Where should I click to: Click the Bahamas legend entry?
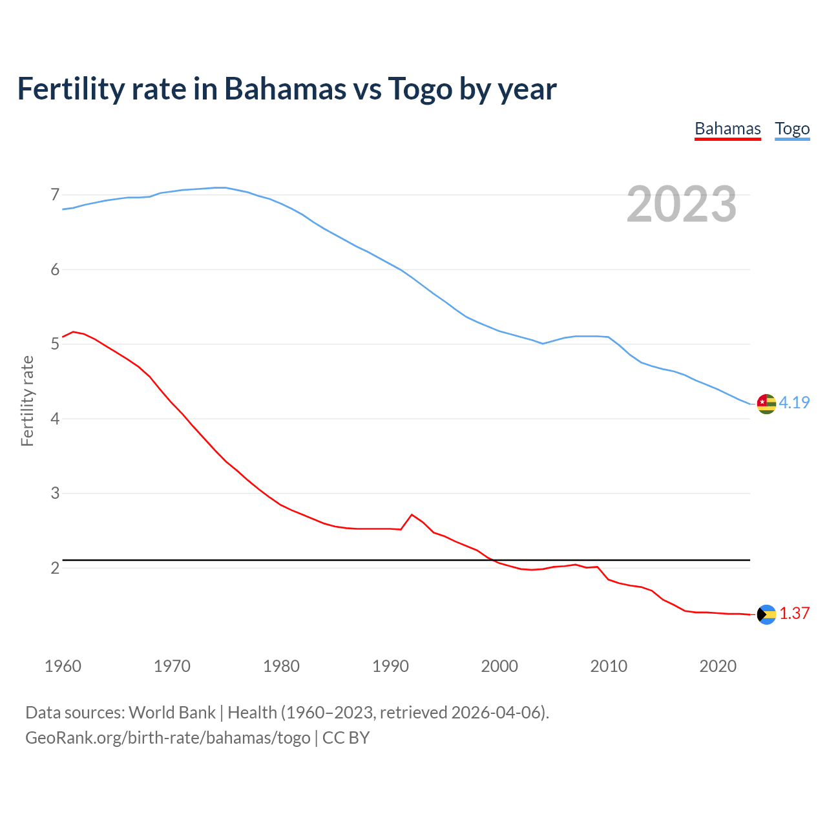728,129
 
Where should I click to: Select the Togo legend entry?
792,129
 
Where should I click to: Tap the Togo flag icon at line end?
766,403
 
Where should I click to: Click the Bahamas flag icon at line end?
766,614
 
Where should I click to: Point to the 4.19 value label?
794,403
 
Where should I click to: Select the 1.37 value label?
794,613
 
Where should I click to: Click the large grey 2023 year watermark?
681,204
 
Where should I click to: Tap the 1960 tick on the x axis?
63,666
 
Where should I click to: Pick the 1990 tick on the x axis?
390,666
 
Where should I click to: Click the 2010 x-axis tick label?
609,666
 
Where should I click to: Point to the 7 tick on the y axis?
55,194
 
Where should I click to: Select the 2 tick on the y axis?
55,568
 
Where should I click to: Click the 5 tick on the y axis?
55,344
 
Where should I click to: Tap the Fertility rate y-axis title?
27,401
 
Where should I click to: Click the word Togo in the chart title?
420,89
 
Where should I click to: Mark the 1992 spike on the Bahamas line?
412,515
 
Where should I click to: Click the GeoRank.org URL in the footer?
167,738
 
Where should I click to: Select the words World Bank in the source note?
172,713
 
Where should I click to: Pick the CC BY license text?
346,738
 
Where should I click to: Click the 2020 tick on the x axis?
718,666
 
